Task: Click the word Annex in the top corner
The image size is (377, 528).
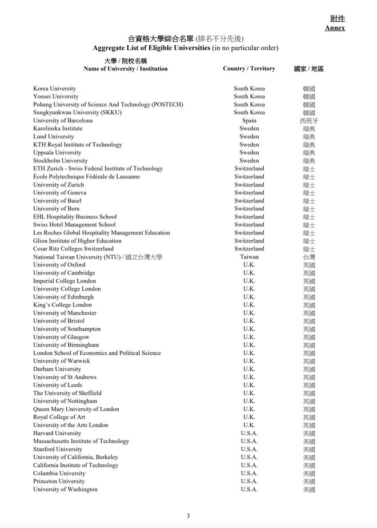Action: point(335,28)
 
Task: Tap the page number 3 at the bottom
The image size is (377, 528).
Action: point(188,515)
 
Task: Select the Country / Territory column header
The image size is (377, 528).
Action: point(248,69)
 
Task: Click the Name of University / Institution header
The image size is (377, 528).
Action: point(126,69)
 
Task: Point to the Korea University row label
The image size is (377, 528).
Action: point(55,89)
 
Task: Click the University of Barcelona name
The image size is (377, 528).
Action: point(63,121)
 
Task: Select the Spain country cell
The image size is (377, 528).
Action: point(249,121)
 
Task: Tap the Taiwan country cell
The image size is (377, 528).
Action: point(249,257)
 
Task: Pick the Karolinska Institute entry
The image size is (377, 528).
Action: point(58,129)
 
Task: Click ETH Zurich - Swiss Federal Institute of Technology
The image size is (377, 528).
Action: point(98,169)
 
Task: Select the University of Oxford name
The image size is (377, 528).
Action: point(59,265)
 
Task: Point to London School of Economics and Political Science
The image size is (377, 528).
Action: point(97,353)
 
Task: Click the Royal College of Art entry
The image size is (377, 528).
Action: point(59,417)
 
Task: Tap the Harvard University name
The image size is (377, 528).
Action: point(57,433)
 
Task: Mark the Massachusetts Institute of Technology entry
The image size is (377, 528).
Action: point(81,441)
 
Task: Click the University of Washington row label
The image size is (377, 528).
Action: point(65,489)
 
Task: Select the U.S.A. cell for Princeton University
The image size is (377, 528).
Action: point(249,481)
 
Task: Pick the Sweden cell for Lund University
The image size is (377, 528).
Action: point(249,137)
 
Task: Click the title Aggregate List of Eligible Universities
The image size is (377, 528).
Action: point(151,48)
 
